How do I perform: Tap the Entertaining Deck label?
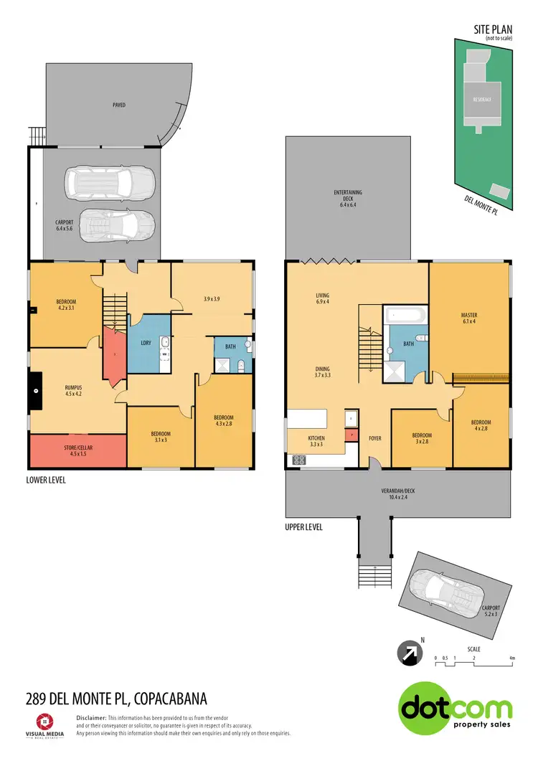[x=348, y=199]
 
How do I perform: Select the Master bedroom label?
[x=469, y=318]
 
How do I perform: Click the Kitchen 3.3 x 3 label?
[x=316, y=441]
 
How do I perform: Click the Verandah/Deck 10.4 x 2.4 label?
[x=399, y=495]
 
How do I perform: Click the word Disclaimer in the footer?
[x=91, y=717]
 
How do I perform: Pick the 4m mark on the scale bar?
[x=511, y=658]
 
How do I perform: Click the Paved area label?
[x=119, y=105]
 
